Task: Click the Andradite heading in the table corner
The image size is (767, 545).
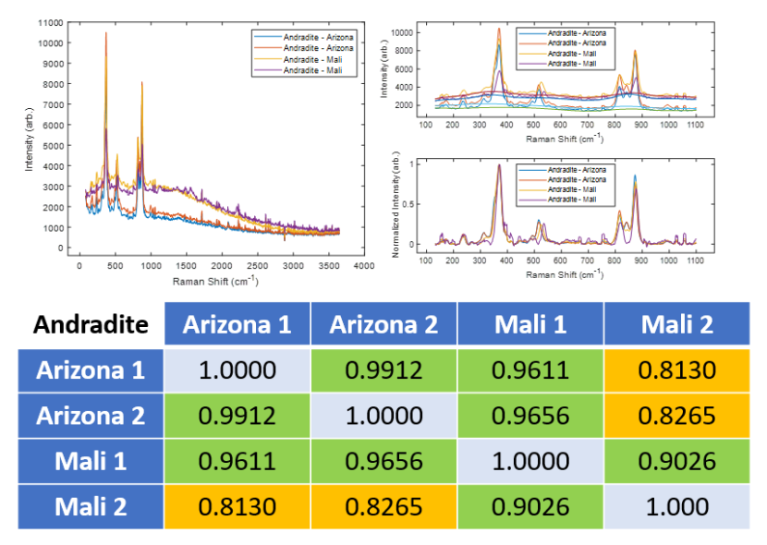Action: (91, 324)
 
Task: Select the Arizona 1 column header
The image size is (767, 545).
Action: (237, 324)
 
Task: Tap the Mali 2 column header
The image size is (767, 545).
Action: (676, 324)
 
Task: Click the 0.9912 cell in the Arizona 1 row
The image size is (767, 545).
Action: (383, 370)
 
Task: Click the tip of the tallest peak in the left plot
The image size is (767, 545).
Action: (105, 32)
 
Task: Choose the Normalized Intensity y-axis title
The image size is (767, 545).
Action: (395, 205)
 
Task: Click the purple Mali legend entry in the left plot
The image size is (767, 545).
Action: (319, 70)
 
